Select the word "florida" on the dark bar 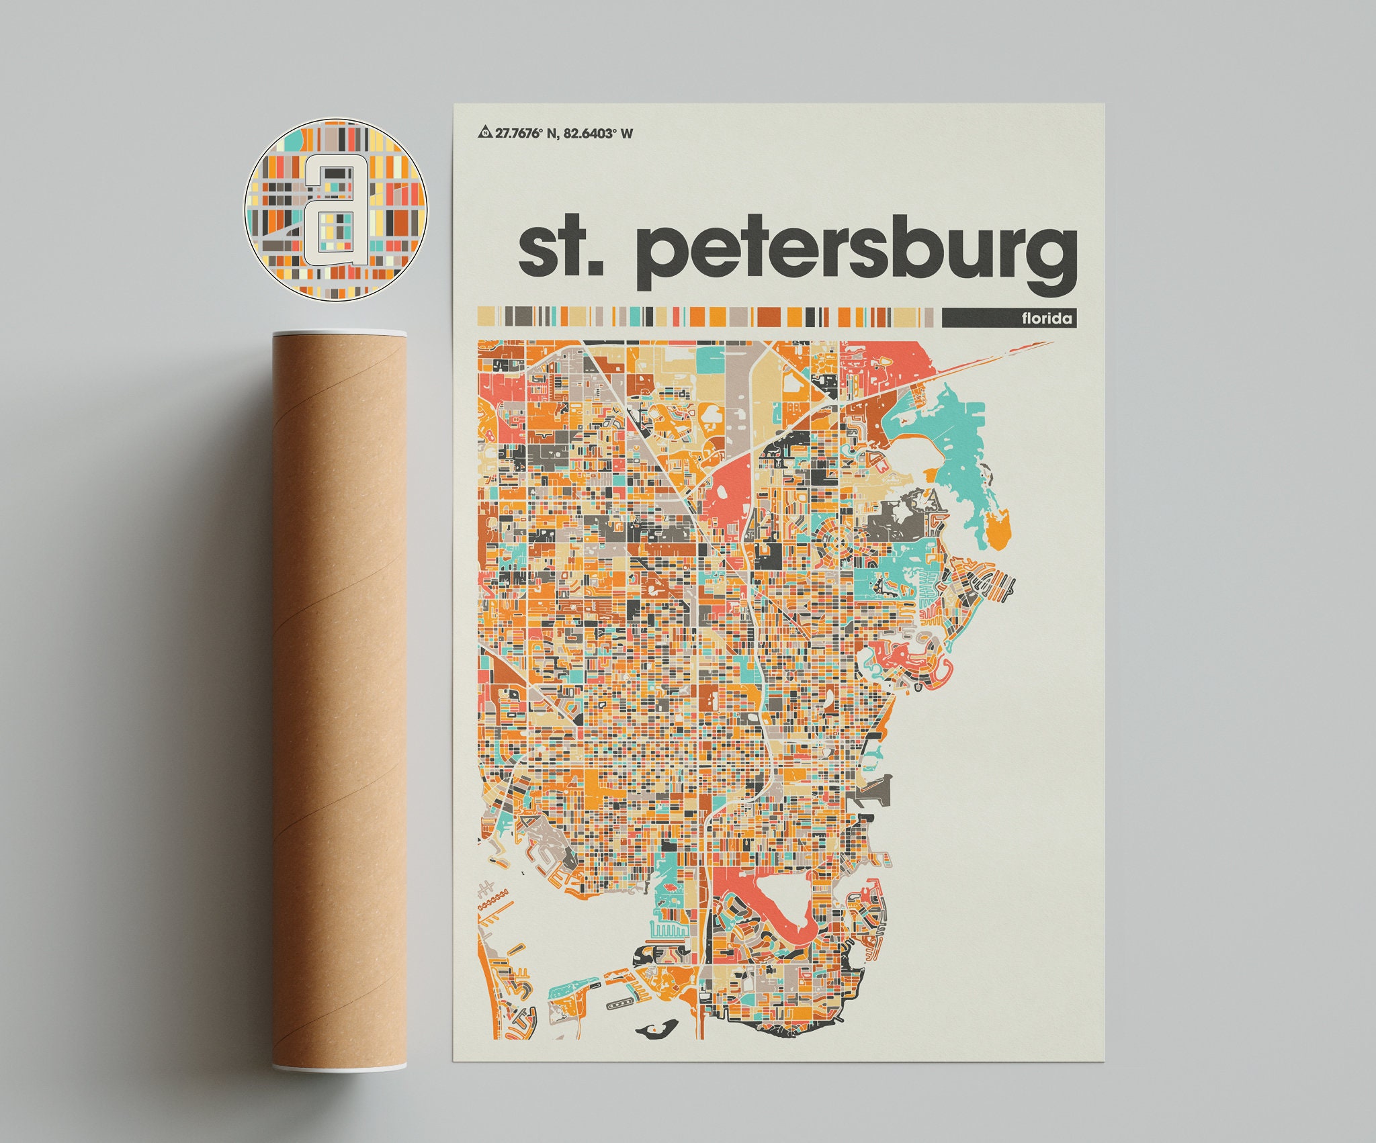tap(1047, 318)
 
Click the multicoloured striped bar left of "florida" tap(705, 316)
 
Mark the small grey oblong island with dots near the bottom tap(619, 1023)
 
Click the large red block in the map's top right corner tap(894, 363)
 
